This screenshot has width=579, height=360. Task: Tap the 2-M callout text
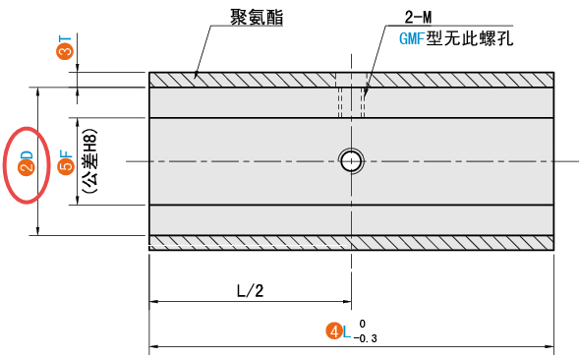[420, 18]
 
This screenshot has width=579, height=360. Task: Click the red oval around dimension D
[28, 165]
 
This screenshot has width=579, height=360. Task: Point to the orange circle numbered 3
[65, 49]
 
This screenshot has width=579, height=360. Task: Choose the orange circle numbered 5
[66, 167]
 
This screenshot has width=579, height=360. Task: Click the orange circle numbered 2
[28, 167]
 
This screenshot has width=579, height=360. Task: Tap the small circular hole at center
[350, 160]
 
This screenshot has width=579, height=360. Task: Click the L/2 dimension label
[251, 291]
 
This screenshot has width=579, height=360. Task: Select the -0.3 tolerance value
[366, 339]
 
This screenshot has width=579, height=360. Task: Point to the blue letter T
[65, 36]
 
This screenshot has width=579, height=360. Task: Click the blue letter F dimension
[66, 153]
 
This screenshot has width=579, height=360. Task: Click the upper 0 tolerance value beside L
[362, 323]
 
